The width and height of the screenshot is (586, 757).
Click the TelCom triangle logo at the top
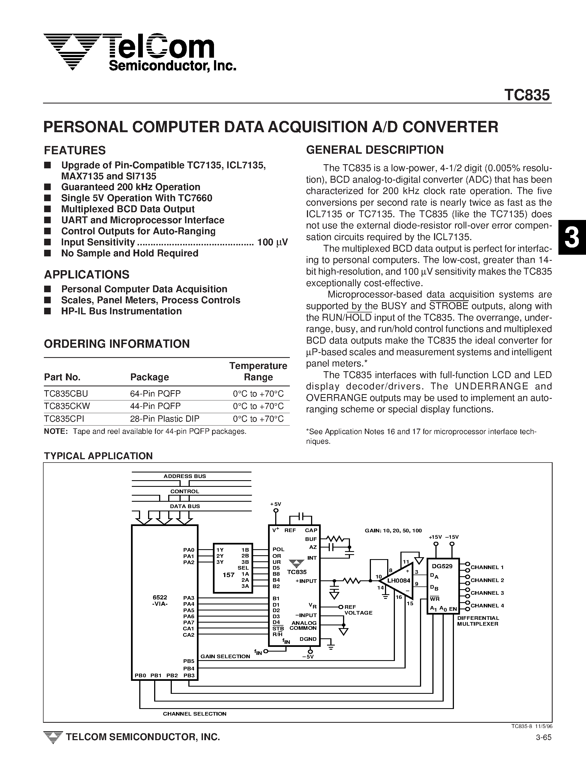[72, 51]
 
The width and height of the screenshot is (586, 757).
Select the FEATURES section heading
[74, 150]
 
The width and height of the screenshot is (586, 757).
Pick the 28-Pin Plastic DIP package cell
[165, 419]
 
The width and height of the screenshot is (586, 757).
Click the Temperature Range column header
[258, 371]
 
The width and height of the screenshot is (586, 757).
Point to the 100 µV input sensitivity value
[272, 242]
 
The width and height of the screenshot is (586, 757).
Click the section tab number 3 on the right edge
[571, 238]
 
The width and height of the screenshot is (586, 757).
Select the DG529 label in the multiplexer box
[442, 566]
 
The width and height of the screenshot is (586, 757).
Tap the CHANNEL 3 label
[487, 593]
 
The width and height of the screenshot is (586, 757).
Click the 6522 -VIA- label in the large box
[160, 600]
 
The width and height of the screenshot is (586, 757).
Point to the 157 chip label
[228, 575]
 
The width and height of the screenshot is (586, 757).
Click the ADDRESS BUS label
[184, 476]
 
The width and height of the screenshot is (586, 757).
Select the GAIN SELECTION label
[225, 657]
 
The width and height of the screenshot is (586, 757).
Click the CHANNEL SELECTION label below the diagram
[194, 714]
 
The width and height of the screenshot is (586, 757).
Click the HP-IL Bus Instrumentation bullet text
[121, 311]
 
